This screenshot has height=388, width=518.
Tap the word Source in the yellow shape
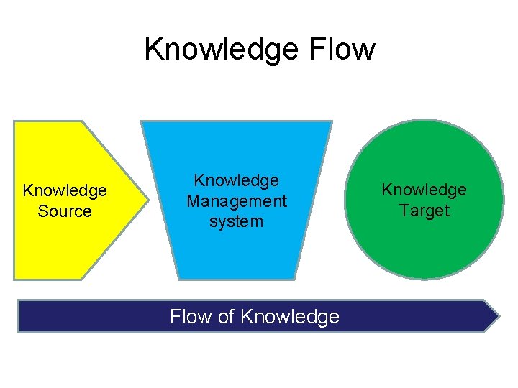tap(65, 211)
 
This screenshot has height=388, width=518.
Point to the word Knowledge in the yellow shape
tap(65, 190)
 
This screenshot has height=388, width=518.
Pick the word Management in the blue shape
tap(237, 202)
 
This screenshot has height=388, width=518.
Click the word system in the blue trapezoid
tap(237, 222)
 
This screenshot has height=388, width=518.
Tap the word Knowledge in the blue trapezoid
tap(237, 181)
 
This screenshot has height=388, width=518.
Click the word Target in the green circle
tap(424, 211)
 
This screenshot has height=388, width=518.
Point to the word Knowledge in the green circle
tap(424, 190)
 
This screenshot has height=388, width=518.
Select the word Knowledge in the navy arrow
tap(290, 317)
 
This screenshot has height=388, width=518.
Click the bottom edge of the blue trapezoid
tap(236, 278)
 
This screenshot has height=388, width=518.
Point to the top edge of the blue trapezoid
tap(236, 121)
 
